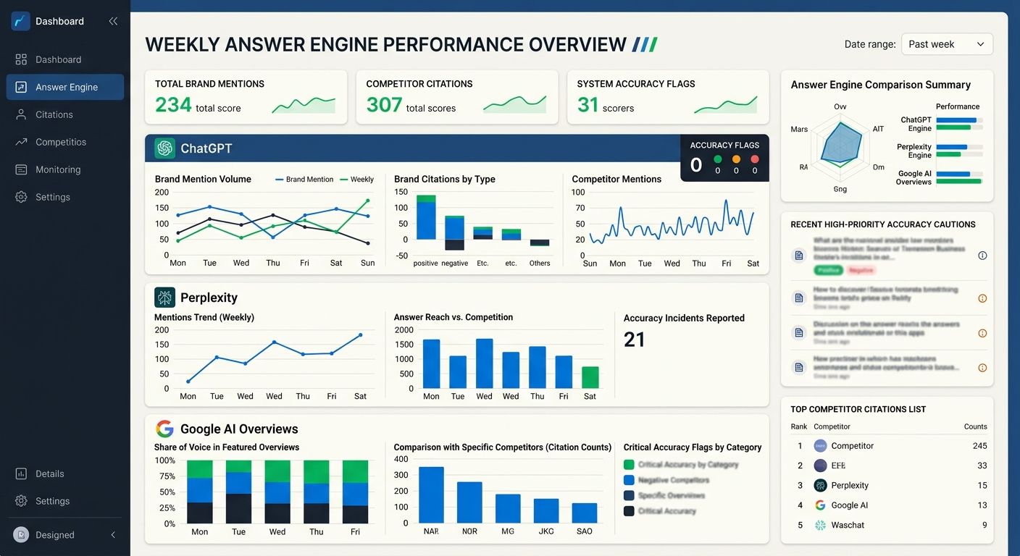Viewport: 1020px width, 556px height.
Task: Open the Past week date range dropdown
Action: pyautogui.click(x=946, y=44)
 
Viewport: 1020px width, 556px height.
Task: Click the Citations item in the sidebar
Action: pyautogui.click(x=54, y=114)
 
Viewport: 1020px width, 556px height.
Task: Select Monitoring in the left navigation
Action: pyautogui.click(x=58, y=169)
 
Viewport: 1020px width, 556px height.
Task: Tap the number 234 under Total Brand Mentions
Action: pyautogui.click(x=173, y=106)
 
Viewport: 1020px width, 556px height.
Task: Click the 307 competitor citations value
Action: pyautogui.click(x=384, y=106)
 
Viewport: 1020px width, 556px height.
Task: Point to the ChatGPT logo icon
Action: pyautogui.click(x=165, y=148)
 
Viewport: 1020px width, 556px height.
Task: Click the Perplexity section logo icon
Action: pyautogui.click(x=165, y=298)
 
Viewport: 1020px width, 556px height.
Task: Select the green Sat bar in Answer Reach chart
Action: pyautogui.click(x=590, y=378)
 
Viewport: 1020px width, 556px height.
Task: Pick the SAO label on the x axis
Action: pyautogui.click(x=584, y=531)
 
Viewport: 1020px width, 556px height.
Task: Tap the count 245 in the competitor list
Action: pyautogui.click(x=979, y=446)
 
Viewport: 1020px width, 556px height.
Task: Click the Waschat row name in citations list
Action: pyautogui.click(x=848, y=525)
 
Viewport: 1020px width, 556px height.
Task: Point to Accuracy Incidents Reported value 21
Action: pyautogui.click(x=634, y=340)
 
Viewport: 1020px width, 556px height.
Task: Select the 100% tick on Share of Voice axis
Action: pyautogui.click(x=165, y=460)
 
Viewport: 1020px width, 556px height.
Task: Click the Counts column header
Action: pyautogui.click(x=975, y=426)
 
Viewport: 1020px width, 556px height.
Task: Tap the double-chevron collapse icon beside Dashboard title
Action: pyautogui.click(x=113, y=22)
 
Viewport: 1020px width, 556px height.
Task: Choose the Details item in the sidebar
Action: pyautogui.click(x=49, y=473)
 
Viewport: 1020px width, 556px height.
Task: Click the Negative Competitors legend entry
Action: pyautogui.click(x=673, y=480)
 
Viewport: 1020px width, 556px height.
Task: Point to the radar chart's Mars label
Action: pyautogui.click(x=799, y=130)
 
